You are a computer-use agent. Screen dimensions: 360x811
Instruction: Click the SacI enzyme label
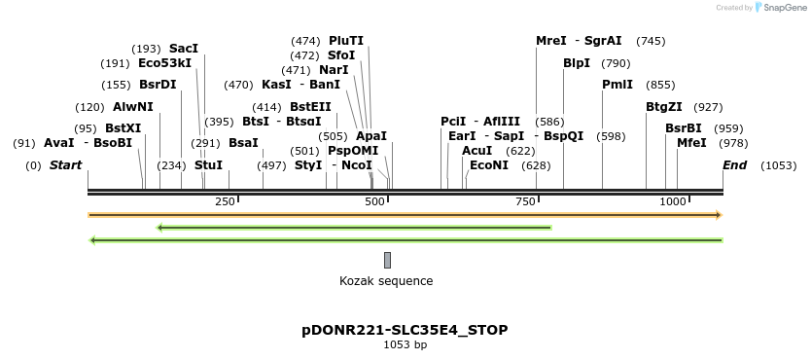pyautogui.click(x=183, y=48)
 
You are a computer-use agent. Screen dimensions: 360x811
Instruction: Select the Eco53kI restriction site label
pyautogui.click(x=164, y=63)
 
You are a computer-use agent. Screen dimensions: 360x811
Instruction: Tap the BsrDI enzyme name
pyautogui.click(x=158, y=85)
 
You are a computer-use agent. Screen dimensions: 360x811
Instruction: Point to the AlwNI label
pyautogui.click(x=132, y=107)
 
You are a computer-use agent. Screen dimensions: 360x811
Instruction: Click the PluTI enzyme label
pyautogui.click(x=346, y=41)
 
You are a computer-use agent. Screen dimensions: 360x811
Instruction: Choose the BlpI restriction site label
pyautogui.click(x=577, y=63)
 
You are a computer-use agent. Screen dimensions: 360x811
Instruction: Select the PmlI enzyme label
pyautogui.click(x=617, y=85)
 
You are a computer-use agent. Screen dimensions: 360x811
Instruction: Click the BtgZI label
pyautogui.click(x=664, y=107)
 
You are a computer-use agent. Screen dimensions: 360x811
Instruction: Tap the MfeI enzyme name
pyautogui.click(x=691, y=143)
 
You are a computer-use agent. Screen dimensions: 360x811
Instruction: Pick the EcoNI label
pyautogui.click(x=489, y=165)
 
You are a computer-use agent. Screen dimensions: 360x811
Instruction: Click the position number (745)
pyautogui.click(x=651, y=41)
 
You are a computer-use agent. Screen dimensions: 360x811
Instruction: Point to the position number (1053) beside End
pyautogui.click(x=778, y=165)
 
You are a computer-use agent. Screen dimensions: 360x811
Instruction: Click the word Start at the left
pyautogui.click(x=66, y=165)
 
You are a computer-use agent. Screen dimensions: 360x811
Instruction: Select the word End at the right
pyautogui.click(x=734, y=165)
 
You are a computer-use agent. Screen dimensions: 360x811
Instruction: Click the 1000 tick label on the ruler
pyautogui.click(x=673, y=201)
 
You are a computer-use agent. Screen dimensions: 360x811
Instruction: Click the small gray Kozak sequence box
pyautogui.click(x=387, y=260)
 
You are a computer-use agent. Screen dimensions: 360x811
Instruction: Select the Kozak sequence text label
pyautogui.click(x=386, y=281)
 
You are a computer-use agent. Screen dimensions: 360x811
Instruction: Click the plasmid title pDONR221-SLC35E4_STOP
pyautogui.click(x=405, y=330)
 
